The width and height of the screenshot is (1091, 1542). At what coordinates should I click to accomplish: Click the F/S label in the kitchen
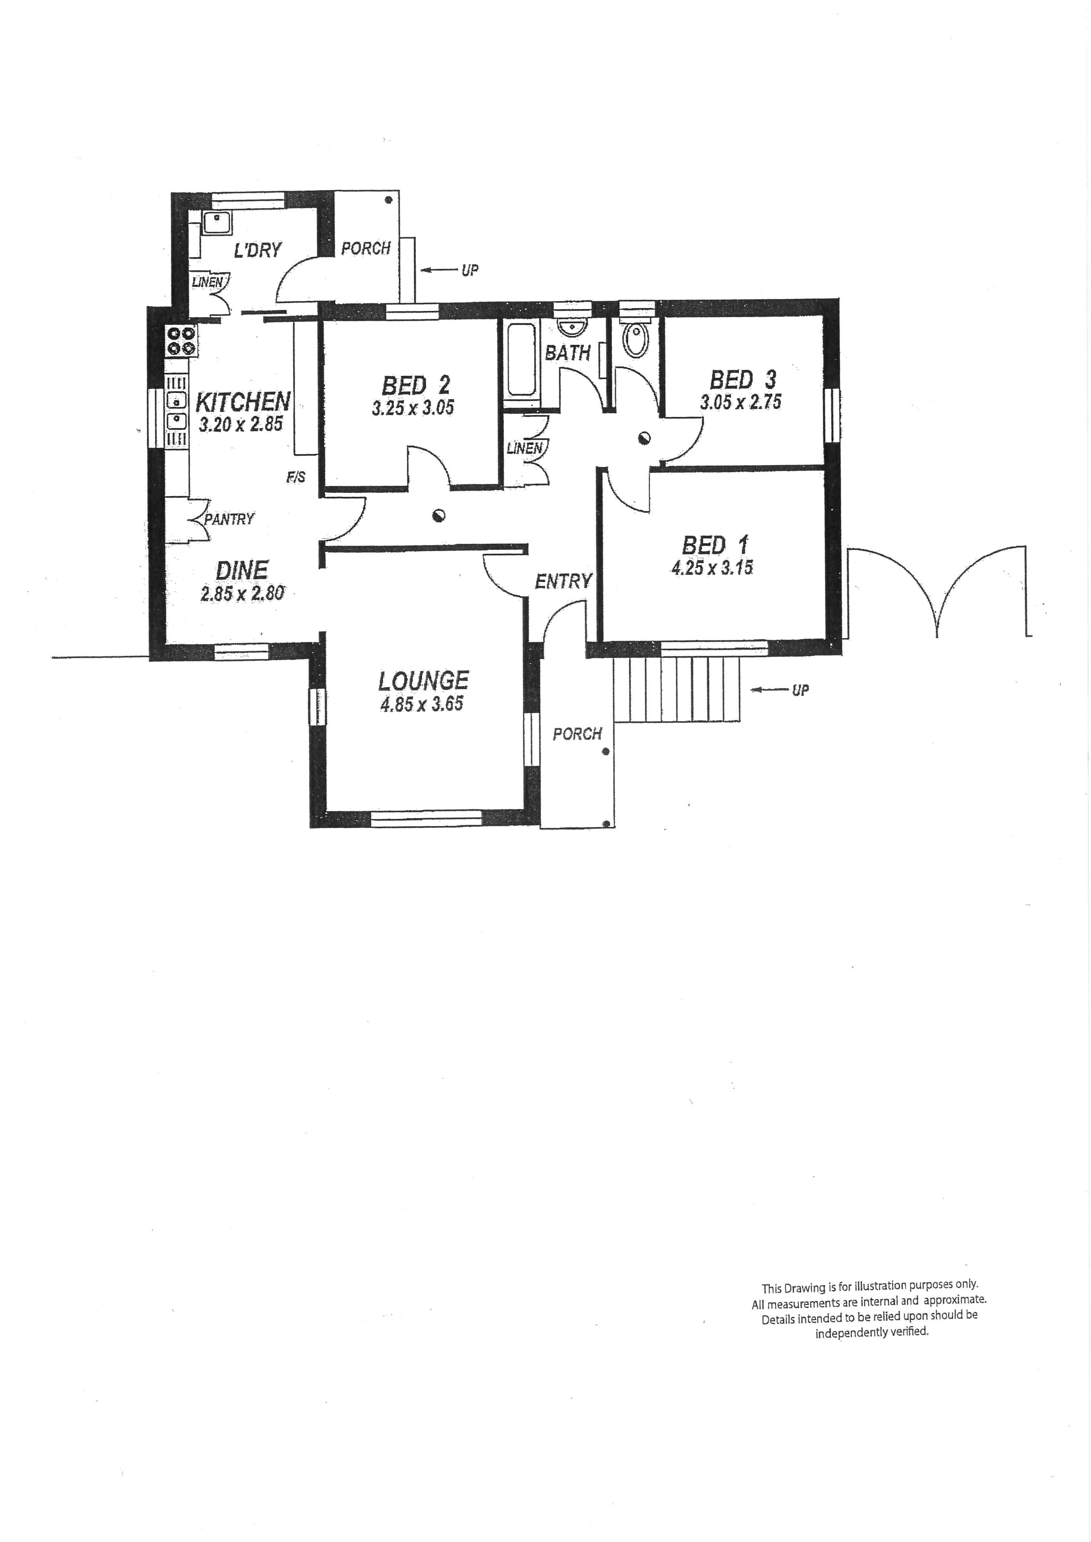coord(296,477)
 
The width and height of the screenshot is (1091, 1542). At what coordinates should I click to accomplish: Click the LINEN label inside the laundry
coord(207,282)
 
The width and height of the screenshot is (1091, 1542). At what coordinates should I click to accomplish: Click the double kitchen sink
coord(176,411)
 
